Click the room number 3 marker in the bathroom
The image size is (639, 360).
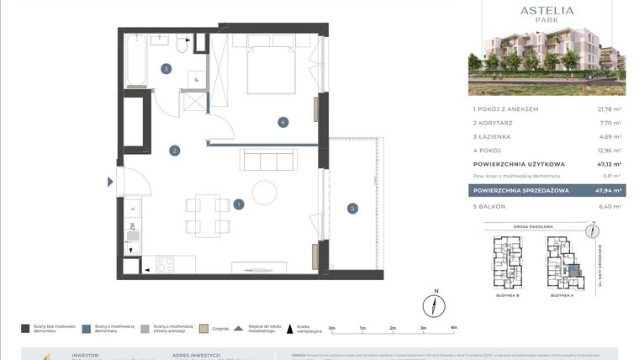click(x=166, y=69)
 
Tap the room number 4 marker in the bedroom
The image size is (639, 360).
click(x=284, y=123)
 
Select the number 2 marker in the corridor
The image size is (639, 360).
click(x=174, y=151)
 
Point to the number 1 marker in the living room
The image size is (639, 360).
click(x=240, y=204)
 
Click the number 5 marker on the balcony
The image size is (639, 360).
click(x=352, y=209)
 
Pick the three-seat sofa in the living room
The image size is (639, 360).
click(x=267, y=160)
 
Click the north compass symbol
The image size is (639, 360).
click(x=435, y=305)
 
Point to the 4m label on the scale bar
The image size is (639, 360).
click(x=453, y=328)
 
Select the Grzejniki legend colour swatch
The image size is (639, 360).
click(x=204, y=329)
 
